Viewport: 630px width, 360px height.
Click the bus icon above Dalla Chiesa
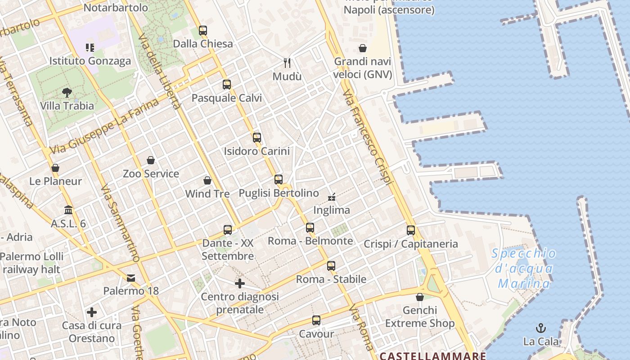[x=203, y=31]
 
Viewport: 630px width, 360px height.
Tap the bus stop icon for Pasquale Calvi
[x=227, y=85]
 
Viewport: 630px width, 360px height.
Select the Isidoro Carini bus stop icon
[x=257, y=138]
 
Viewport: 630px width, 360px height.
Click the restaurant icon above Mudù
[x=287, y=63]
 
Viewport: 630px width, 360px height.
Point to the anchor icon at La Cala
[x=541, y=328]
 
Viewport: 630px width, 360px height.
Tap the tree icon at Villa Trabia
[x=67, y=93]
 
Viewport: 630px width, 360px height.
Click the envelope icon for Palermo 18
[x=131, y=278]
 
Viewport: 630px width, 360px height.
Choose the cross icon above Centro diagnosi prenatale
[x=240, y=283]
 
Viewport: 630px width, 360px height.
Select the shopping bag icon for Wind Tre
[x=207, y=181]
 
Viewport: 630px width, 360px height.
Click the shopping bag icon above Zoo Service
[x=151, y=161]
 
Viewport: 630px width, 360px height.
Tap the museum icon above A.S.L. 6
[x=68, y=210]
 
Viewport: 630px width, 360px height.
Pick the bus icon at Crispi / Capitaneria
[x=411, y=230]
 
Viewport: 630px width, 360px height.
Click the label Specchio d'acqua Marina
[x=524, y=268]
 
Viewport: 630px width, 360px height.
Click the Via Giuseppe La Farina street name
[x=104, y=127]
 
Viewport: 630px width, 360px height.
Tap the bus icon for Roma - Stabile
[x=331, y=266]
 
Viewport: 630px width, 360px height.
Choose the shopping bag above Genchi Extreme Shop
[x=420, y=297]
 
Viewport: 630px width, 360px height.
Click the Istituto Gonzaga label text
[x=90, y=61]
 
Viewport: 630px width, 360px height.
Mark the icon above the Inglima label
[x=332, y=197]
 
